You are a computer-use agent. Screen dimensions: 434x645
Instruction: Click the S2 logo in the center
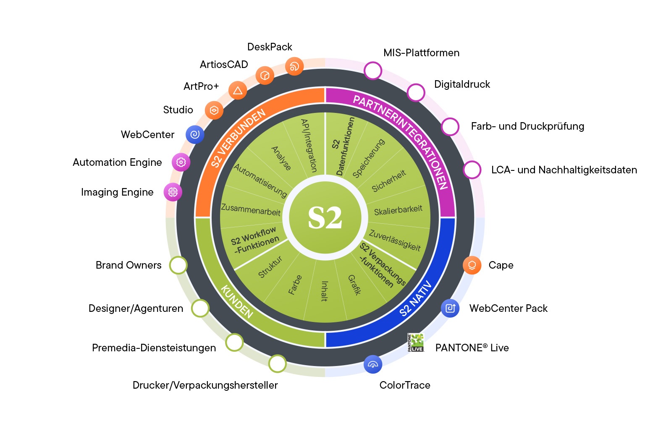(x=325, y=217)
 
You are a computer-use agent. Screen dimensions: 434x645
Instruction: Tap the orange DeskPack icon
(x=294, y=66)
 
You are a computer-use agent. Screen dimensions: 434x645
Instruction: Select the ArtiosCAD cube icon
(x=265, y=76)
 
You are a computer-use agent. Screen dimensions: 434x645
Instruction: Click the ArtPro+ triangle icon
(x=238, y=90)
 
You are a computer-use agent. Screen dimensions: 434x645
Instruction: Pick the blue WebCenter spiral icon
(x=195, y=134)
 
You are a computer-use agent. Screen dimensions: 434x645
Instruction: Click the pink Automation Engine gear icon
(x=181, y=162)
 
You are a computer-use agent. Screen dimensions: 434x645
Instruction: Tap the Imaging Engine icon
(x=173, y=192)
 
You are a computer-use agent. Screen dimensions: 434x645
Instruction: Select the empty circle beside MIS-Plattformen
(x=372, y=71)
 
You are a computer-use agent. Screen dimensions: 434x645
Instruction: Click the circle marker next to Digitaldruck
(x=416, y=92)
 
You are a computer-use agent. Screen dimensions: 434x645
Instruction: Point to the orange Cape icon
(x=472, y=265)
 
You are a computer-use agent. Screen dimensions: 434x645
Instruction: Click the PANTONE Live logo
(x=416, y=342)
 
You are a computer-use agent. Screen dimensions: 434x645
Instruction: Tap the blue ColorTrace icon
(x=372, y=364)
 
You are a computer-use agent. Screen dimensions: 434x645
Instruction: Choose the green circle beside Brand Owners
(x=178, y=265)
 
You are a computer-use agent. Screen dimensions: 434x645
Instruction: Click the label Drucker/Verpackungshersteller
(x=205, y=385)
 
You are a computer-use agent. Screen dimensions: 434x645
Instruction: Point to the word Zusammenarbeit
(x=251, y=209)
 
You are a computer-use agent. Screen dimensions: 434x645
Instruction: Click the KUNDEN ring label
(x=237, y=301)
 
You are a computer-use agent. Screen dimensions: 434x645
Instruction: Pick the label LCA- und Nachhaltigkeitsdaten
(x=564, y=170)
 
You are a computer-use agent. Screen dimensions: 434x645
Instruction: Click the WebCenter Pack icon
(x=450, y=309)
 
